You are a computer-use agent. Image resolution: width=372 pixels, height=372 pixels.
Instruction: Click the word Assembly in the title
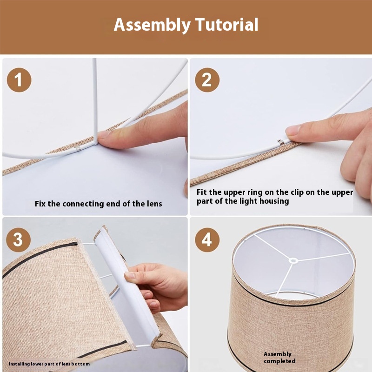coord(152,25)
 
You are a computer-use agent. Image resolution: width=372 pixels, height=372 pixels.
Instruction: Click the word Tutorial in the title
coord(227,25)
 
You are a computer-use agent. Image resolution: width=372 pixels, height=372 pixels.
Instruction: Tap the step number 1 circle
coord(19,80)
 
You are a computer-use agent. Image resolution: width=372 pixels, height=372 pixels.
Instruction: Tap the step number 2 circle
coord(207,80)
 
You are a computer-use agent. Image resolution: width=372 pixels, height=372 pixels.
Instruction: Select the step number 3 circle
coord(18,240)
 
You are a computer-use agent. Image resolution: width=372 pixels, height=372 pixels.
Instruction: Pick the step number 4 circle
coord(207,240)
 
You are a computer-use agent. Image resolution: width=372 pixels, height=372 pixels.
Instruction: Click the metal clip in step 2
coord(281,142)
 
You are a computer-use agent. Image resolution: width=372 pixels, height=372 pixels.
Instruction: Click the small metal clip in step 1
coord(78,148)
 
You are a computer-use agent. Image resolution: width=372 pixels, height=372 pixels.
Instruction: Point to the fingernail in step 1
coord(104,134)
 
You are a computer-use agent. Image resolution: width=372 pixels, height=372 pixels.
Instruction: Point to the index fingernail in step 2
coord(293,130)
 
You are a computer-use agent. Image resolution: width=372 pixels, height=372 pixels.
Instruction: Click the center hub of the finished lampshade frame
coord(293,261)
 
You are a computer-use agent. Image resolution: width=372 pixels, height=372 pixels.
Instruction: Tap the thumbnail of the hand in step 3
coord(130,275)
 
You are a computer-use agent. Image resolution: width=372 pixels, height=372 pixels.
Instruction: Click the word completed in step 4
coord(279,361)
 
